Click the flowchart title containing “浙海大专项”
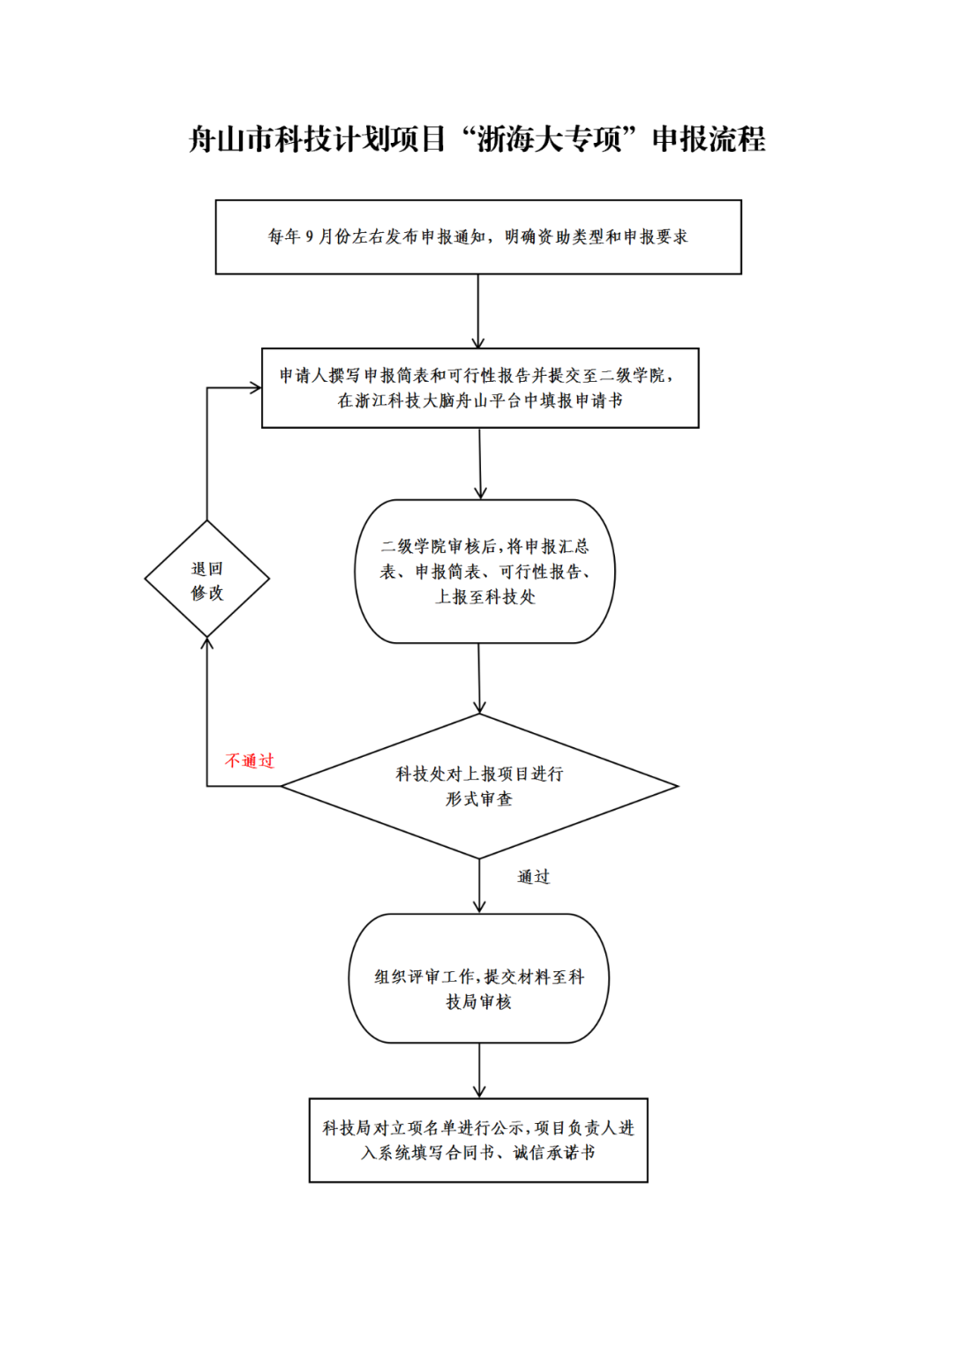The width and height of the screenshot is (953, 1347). (x=476, y=139)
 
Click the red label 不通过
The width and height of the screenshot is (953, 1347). (x=250, y=760)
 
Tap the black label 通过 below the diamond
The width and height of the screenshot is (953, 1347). (x=533, y=876)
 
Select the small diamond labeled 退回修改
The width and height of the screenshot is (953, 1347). (x=207, y=580)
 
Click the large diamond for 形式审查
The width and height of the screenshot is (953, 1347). (x=479, y=786)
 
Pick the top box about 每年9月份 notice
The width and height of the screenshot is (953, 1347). (x=478, y=236)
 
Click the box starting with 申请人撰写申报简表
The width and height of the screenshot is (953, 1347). (x=480, y=388)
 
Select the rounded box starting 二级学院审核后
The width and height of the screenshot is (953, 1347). (x=484, y=572)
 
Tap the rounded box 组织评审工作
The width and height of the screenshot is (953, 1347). (x=479, y=978)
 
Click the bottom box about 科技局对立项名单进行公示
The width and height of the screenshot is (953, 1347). (x=478, y=1140)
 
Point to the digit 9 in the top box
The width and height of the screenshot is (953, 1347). (x=310, y=236)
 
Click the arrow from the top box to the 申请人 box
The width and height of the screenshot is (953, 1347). (x=478, y=311)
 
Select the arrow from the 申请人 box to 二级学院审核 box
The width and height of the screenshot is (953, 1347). (x=480, y=463)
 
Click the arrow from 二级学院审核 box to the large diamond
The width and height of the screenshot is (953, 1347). (x=479, y=677)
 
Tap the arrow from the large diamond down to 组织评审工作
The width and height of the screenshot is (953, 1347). (x=479, y=885)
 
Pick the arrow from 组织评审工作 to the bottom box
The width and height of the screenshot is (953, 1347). (x=479, y=1070)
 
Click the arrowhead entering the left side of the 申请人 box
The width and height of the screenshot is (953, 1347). (x=255, y=387)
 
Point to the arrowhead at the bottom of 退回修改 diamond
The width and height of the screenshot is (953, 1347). (x=207, y=644)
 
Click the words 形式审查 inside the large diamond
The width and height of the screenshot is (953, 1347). (x=479, y=799)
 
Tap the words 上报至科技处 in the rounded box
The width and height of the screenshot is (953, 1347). (x=485, y=597)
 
